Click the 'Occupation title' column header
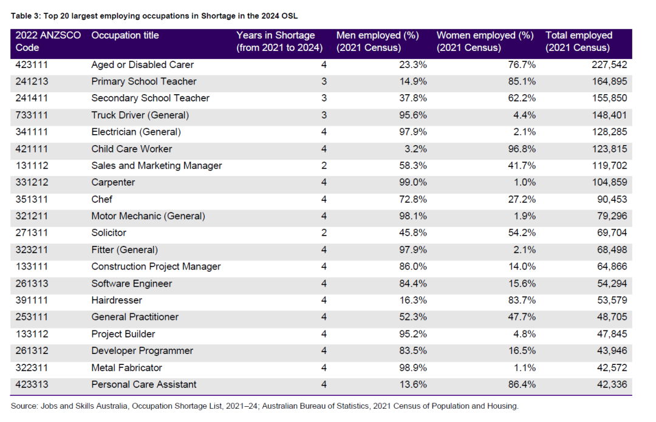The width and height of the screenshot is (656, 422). [x=125, y=36]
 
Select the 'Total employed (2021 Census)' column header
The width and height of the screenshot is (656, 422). [x=579, y=41]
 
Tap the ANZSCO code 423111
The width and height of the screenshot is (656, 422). [x=32, y=65]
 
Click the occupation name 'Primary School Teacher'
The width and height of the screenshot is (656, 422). [x=144, y=81]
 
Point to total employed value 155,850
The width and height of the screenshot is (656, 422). [x=609, y=98]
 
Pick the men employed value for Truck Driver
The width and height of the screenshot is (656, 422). [x=413, y=115]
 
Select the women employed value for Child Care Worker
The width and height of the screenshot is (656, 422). [x=522, y=149]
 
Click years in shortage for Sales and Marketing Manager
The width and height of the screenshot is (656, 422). [x=324, y=166]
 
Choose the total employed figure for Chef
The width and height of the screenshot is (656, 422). [x=612, y=200]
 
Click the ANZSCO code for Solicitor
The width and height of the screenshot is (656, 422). [x=32, y=233]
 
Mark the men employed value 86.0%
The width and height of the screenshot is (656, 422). [x=413, y=267]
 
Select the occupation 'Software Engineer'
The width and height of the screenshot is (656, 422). [x=132, y=284]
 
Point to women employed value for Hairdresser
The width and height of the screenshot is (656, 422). [x=522, y=301]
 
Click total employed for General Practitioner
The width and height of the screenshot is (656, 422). [x=612, y=317]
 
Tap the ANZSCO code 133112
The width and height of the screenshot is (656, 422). [x=32, y=334]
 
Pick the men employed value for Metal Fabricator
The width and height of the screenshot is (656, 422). [x=413, y=367]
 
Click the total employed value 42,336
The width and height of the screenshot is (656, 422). [x=612, y=384]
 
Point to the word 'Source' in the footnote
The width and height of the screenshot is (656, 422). [x=24, y=406]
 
